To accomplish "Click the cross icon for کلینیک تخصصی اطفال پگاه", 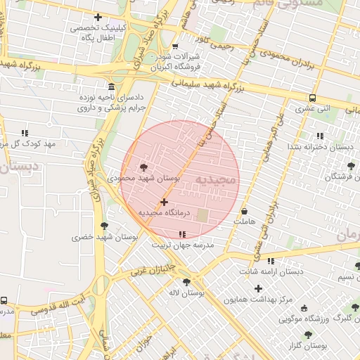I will click(97, 17).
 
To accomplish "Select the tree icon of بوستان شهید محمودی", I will click(144, 167).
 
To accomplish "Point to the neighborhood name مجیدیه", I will click(217, 180).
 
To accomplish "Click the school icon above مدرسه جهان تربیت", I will click(183, 233).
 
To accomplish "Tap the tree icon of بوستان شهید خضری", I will click(104, 226).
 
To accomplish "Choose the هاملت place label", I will click(244, 221).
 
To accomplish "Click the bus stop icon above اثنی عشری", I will click(312, 98).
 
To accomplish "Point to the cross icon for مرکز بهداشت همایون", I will click(258, 288).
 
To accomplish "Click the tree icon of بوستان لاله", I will click(186, 282).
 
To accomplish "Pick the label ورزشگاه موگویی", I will click(290, 319).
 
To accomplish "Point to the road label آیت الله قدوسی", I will click(63, 304).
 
